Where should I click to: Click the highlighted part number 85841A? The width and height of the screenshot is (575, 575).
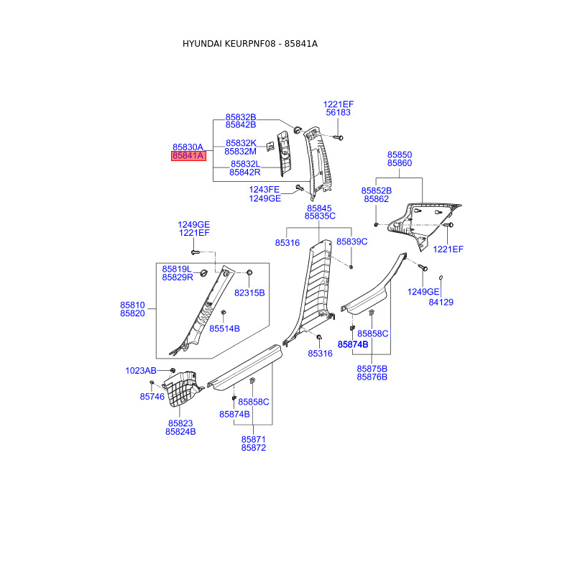[x=188, y=156]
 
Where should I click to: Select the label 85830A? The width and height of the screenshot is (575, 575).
[x=188, y=147]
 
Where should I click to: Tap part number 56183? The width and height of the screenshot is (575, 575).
[x=339, y=113]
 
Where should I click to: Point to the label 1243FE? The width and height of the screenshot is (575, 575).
[x=264, y=190]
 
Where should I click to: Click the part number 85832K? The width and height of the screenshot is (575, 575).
[x=241, y=143]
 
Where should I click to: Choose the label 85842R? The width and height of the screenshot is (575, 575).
[x=245, y=172]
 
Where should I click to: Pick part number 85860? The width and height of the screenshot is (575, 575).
[x=400, y=164]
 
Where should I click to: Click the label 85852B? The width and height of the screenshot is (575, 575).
[x=377, y=190]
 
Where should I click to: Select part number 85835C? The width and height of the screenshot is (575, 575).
[x=320, y=216]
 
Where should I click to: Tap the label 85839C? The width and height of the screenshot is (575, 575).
[x=352, y=242]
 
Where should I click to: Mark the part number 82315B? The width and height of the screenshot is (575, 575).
[x=249, y=293]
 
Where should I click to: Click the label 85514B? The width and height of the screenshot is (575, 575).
[x=224, y=328]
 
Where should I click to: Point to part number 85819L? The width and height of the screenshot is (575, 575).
[x=177, y=269]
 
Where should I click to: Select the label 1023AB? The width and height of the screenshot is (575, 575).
[x=141, y=371]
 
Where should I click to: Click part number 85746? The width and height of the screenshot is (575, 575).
[x=152, y=397]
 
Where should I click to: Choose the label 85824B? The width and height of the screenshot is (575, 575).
[x=180, y=432]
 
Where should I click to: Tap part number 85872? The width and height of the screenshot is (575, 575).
[x=254, y=448]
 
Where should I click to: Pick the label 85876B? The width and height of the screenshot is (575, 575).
[x=372, y=377]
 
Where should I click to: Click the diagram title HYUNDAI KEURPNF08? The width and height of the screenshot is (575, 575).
[x=229, y=44]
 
